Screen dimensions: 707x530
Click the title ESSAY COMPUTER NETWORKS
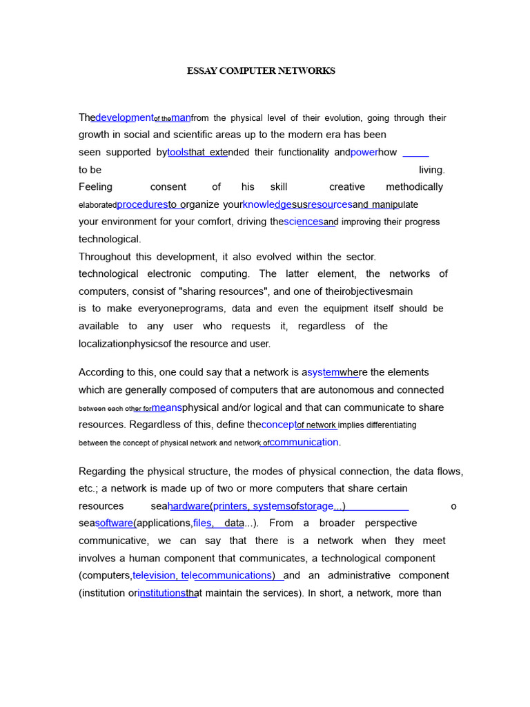(262, 71)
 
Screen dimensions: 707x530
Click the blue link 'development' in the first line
(124, 117)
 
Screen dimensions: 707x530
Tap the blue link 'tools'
(178, 152)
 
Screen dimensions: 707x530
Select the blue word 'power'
(364, 152)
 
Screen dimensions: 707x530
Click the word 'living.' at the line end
(432, 169)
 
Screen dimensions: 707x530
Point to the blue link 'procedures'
(142, 204)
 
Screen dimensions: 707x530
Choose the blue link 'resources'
(330, 204)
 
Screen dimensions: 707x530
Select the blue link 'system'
(323, 372)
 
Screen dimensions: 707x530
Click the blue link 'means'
(167, 407)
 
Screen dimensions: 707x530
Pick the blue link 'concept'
(279, 425)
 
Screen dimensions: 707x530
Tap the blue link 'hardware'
(188, 506)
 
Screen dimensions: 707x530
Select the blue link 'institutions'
(162, 592)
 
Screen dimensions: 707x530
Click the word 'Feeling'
(95, 186)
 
